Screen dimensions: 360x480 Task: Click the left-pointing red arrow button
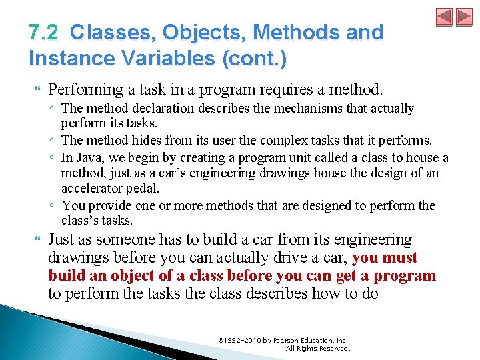point(444,17)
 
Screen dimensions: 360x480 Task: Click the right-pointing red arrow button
point(463,17)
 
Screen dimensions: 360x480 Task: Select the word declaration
point(155,109)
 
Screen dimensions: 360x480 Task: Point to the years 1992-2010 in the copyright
point(241,341)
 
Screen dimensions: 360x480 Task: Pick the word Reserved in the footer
point(334,349)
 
